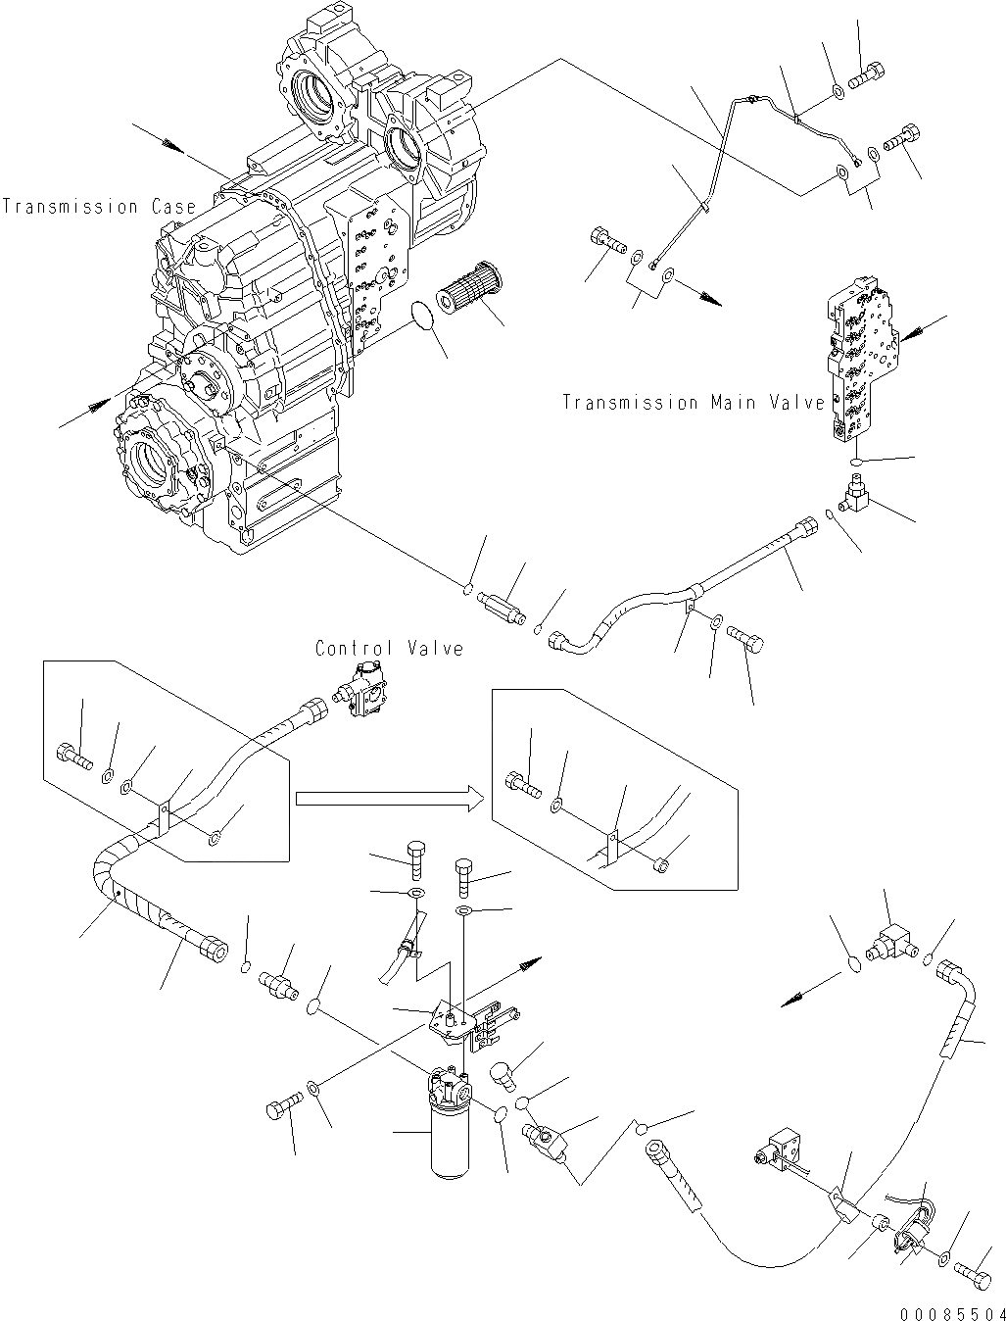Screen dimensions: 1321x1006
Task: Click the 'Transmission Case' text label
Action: click(x=98, y=207)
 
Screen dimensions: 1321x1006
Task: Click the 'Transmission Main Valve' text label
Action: click(x=693, y=403)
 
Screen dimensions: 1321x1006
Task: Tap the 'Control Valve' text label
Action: click(x=389, y=648)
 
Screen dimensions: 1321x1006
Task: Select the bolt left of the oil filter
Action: click(x=280, y=1109)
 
